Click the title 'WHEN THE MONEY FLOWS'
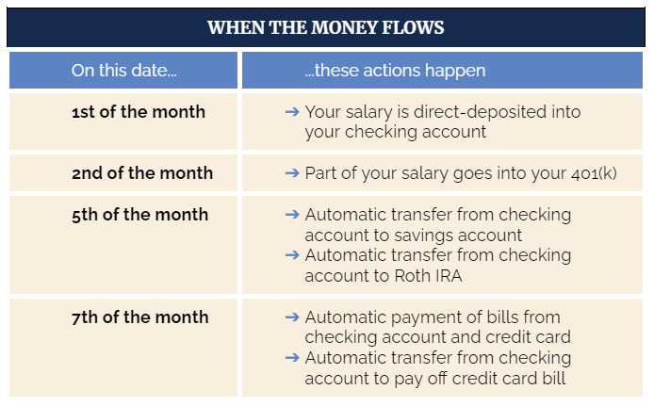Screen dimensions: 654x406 [326, 27]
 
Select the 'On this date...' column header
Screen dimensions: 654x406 [123, 71]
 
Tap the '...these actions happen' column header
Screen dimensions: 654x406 [395, 71]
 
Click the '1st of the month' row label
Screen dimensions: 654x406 [139, 112]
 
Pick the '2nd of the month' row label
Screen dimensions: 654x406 [142, 173]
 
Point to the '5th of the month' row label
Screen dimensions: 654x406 [139, 214]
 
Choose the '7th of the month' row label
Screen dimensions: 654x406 [139, 317]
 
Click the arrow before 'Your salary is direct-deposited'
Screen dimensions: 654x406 [292, 112]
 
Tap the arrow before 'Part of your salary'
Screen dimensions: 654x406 [292, 173]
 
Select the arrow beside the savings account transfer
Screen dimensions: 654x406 [292, 215]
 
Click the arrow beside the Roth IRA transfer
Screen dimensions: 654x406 [292, 254]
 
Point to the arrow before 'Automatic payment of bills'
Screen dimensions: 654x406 [292, 317]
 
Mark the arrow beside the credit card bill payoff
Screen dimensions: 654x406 [292, 358]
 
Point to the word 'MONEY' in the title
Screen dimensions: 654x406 [344, 27]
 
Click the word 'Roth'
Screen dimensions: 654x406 [411, 276]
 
